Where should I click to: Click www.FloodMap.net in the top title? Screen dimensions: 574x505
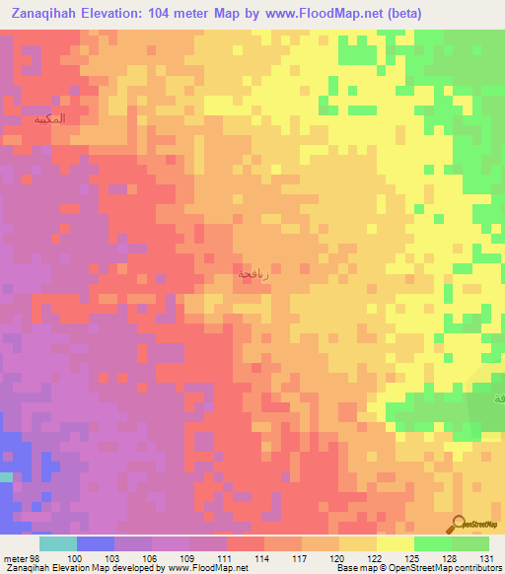click(x=337, y=13)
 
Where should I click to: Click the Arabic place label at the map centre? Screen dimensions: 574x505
click(x=252, y=274)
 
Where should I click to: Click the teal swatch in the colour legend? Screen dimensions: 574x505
click(x=58, y=543)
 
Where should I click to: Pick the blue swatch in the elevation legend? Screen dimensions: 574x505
click(x=96, y=543)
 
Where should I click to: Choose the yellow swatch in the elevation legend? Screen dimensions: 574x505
click(x=395, y=543)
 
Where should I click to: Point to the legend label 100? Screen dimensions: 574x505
click(x=75, y=558)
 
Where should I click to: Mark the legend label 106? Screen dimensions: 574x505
click(x=150, y=558)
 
